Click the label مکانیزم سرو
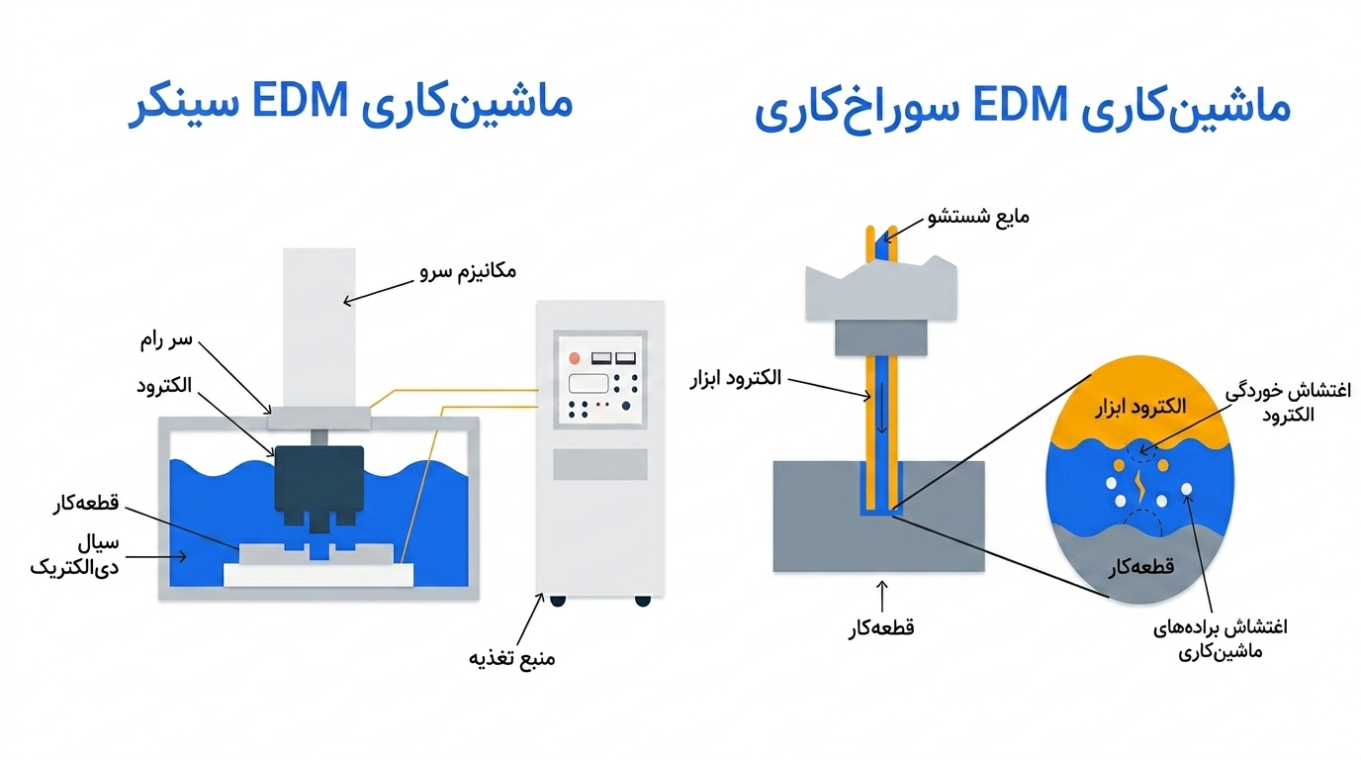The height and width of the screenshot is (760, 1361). click(468, 271)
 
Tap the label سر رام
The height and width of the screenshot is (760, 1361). click(166, 339)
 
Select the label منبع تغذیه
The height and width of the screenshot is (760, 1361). click(511, 658)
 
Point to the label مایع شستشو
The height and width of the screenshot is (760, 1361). click(978, 217)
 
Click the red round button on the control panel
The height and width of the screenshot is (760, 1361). click(574, 358)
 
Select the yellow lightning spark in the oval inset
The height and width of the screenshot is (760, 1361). click(1140, 487)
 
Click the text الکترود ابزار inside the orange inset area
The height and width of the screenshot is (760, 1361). click(1140, 407)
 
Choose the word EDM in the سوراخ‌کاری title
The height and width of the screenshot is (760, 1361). click(1020, 105)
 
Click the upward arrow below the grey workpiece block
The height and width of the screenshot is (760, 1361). click(881, 596)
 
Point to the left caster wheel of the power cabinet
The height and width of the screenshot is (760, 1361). click(558, 602)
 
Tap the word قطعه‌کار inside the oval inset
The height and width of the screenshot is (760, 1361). click(1140, 567)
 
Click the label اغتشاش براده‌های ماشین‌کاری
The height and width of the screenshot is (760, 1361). click(1220, 639)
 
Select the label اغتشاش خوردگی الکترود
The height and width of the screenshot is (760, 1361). click(1288, 403)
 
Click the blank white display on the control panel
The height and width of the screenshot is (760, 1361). click(589, 384)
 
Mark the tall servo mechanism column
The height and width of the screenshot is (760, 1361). click(318, 328)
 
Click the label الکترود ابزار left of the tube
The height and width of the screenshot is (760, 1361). click(735, 378)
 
